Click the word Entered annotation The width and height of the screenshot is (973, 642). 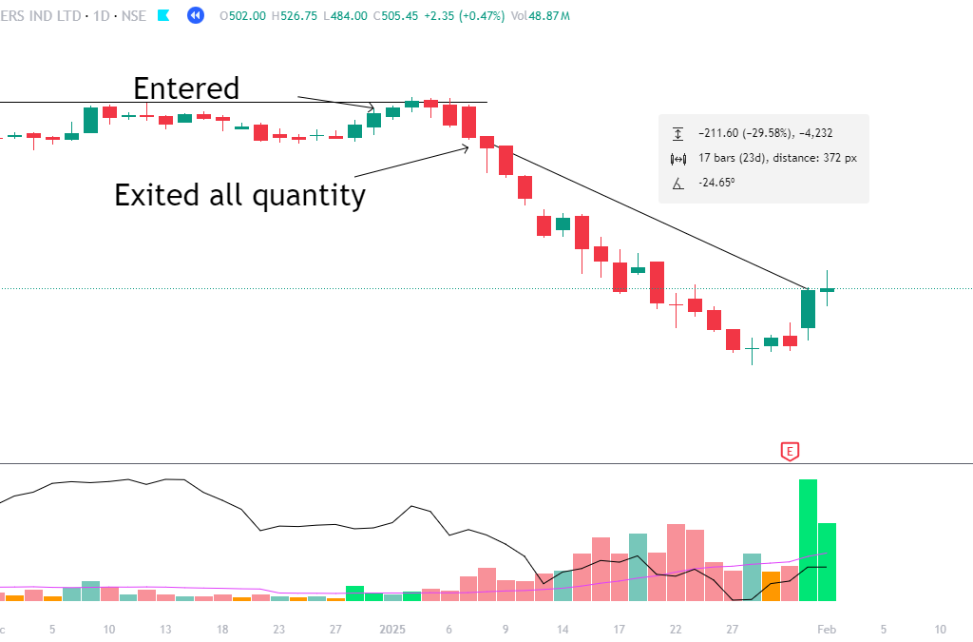pos(186,88)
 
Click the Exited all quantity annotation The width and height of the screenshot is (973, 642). pos(239,195)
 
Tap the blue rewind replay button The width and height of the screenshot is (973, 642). pos(196,15)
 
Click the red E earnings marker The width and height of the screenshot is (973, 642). pos(789,451)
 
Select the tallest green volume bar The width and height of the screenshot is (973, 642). pos(808,539)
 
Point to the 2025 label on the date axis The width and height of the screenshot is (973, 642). pos(392,629)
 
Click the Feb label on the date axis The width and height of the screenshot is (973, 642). pos(827,629)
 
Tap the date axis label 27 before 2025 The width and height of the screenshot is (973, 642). pos(335,629)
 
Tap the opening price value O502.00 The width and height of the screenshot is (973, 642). pos(242,15)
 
